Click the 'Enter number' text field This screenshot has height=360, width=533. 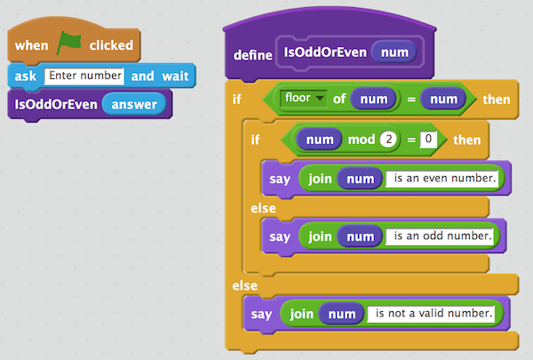[86, 76]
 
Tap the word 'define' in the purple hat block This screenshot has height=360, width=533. [252, 54]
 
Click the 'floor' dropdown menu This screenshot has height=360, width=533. [301, 97]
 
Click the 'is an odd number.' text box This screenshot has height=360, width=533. [439, 237]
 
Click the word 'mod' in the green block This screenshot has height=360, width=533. [360, 140]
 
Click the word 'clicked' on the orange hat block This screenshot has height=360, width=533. [111, 44]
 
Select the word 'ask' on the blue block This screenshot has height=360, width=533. [25, 76]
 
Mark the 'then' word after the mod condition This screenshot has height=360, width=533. [467, 140]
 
